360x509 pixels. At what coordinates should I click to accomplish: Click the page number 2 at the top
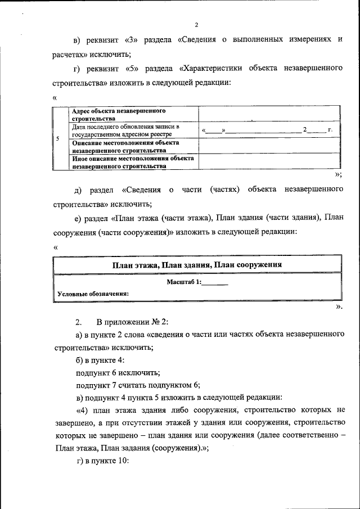pyautogui.click(x=196, y=25)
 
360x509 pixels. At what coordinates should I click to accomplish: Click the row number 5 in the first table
pyautogui.click(x=59, y=138)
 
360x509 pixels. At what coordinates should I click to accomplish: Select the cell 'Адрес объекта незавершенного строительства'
pyautogui.click(x=133, y=114)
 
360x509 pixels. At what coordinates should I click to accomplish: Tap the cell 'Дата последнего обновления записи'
pyautogui.click(x=133, y=130)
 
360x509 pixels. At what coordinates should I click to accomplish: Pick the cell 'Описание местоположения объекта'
pyautogui.click(x=133, y=146)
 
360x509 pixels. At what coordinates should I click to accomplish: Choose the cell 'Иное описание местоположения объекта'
pyautogui.click(x=133, y=162)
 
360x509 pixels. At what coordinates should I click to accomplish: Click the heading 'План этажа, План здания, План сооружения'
pyautogui.click(x=196, y=264)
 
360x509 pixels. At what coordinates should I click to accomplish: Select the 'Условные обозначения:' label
pyautogui.click(x=93, y=294)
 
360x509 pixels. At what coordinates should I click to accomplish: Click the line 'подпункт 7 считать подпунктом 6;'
pyautogui.click(x=138, y=385)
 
